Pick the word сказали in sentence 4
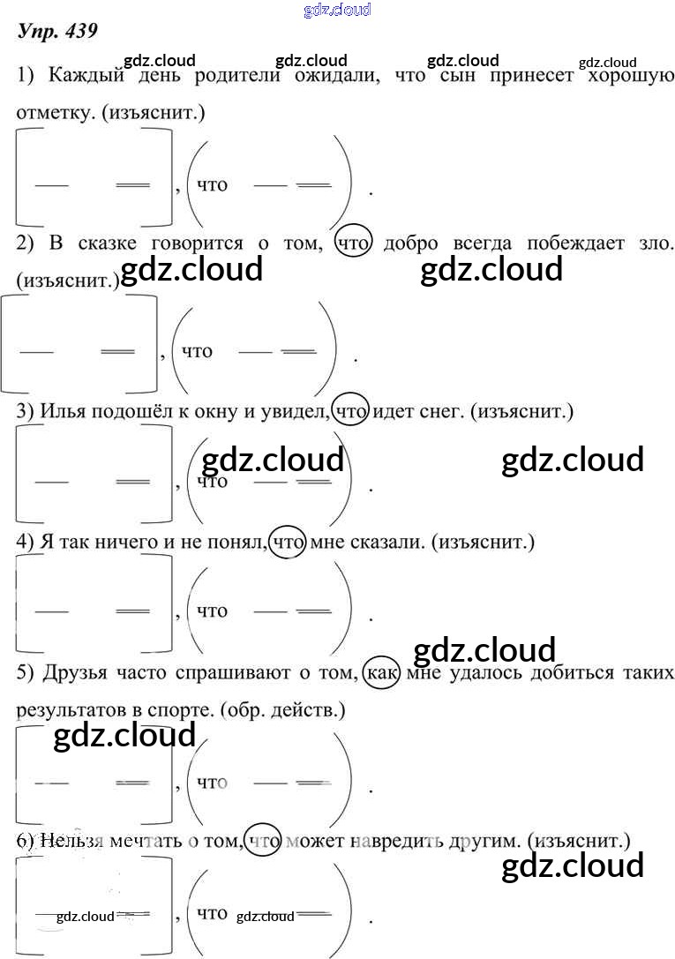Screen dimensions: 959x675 coord(376,542)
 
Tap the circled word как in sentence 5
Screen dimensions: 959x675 coord(382,673)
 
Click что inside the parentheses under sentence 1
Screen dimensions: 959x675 coord(212,184)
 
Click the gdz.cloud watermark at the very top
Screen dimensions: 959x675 coord(336,10)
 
